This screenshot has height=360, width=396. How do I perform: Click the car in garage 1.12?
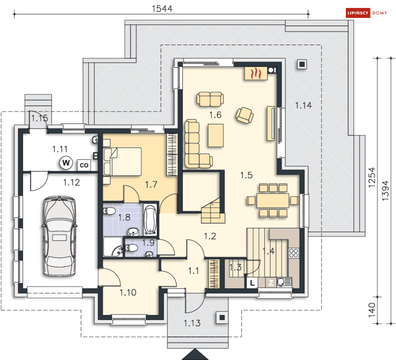(x=59, y=236)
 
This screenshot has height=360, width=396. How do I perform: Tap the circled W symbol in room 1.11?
(x=66, y=163)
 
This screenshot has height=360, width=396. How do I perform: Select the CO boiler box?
(x=84, y=165)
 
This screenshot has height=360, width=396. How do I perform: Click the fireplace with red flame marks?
(x=256, y=74)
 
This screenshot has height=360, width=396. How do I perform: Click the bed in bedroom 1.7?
(x=122, y=162)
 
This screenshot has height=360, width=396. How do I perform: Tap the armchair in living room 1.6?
(x=244, y=115)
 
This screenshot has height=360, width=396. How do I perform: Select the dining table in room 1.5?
(x=273, y=201)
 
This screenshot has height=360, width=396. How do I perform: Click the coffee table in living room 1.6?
(x=216, y=135)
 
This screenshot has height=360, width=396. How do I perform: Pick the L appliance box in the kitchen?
(x=252, y=283)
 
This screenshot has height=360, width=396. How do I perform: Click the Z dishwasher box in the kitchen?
(x=271, y=283)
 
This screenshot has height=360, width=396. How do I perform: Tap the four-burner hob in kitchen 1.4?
(x=294, y=253)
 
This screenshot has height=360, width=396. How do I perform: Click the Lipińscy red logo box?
(x=358, y=13)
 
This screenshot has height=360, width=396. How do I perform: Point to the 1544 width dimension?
(x=162, y=9)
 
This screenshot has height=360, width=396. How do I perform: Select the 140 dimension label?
(x=372, y=310)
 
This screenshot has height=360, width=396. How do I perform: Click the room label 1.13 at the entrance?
(x=192, y=323)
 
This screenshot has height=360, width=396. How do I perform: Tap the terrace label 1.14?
(x=303, y=106)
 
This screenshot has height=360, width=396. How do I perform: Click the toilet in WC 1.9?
(x=131, y=248)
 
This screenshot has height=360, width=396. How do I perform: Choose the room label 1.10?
(x=128, y=293)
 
